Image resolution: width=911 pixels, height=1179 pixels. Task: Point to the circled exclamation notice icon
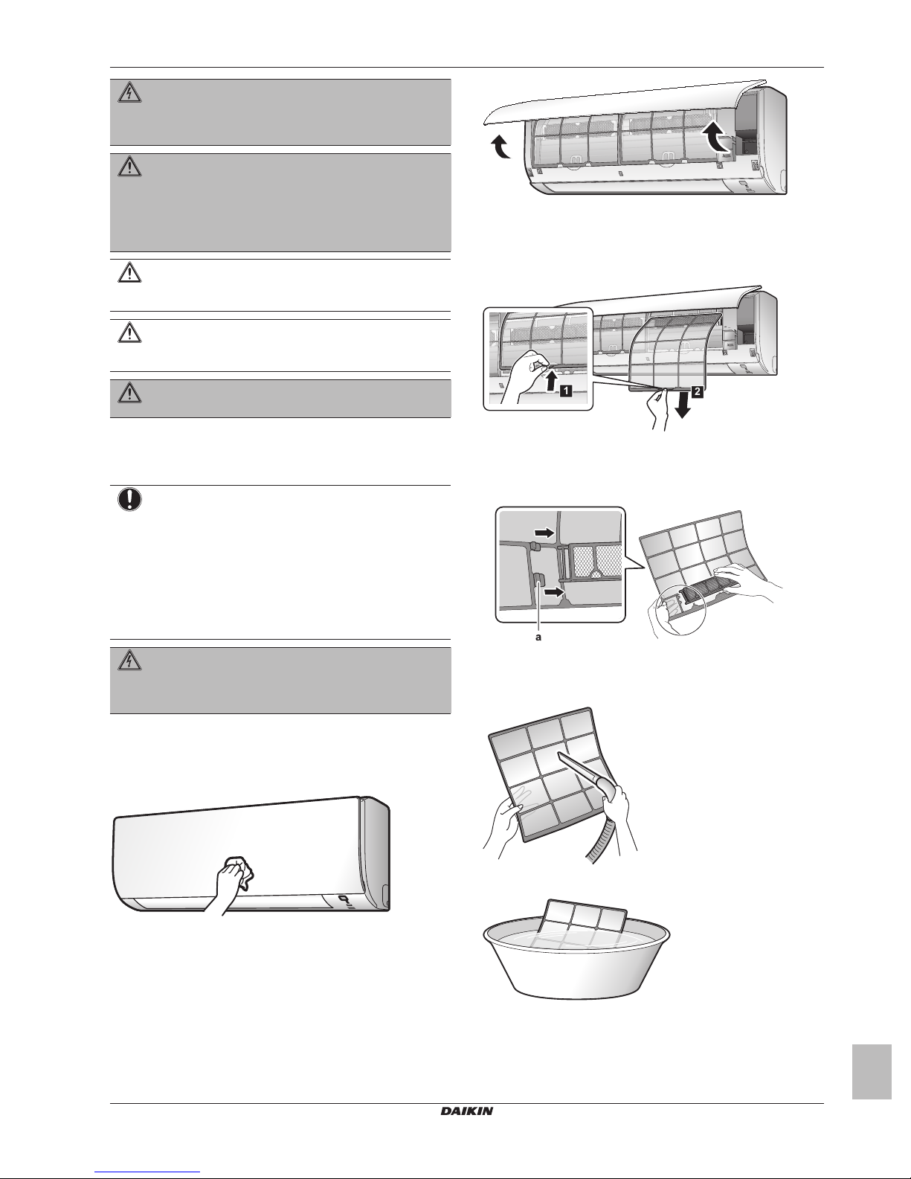[x=129, y=501]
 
